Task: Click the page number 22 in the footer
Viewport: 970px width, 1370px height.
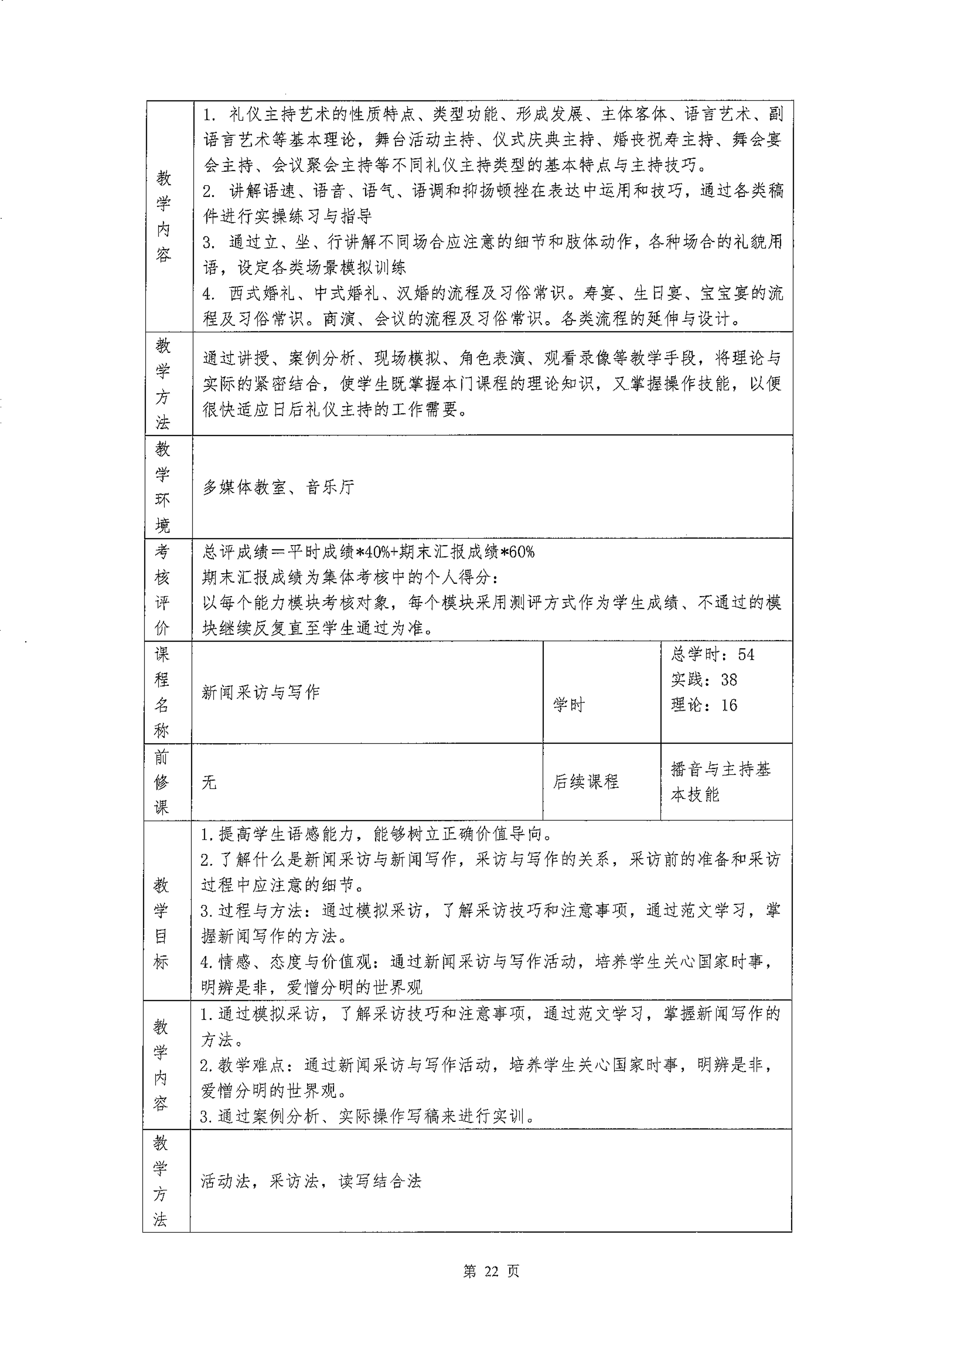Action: [491, 1271]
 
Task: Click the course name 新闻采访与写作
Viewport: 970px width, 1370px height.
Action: [261, 692]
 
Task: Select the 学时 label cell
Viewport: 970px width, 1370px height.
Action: [569, 705]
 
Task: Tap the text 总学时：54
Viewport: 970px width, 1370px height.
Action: [713, 654]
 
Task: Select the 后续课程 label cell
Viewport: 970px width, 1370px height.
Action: [585, 782]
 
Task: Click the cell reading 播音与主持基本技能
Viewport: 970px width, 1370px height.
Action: [720, 782]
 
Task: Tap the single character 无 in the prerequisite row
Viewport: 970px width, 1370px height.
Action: [209, 782]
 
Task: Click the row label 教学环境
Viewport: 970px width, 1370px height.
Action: [163, 487]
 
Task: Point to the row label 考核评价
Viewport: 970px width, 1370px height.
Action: [163, 590]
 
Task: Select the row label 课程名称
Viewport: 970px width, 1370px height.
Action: [162, 692]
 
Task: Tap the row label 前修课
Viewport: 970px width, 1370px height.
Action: [161, 782]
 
